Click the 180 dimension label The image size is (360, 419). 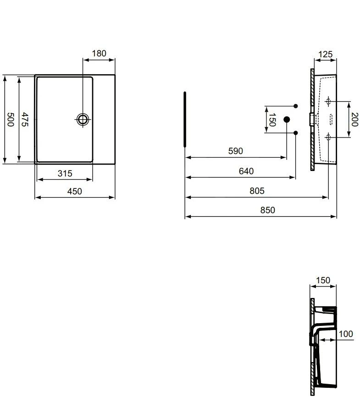pyautogui.click(x=99, y=54)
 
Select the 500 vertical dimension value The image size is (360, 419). pyautogui.click(x=11, y=120)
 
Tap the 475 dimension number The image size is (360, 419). pyautogui.click(x=25, y=120)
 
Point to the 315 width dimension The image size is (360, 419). pyautogui.click(x=65, y=173)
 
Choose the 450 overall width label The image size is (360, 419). pyautogui.click(x=75, y=191)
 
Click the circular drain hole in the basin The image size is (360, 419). pyautogui.click(x=83, y=119)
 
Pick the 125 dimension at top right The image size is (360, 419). pyautogui.click(x=325, y=54)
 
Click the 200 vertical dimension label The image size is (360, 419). pyautogui.click(x=354, y=120)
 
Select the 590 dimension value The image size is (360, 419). pyautogui.click(x=235, y=151)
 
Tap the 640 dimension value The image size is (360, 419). pyautogui.click(x=246, y=171)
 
